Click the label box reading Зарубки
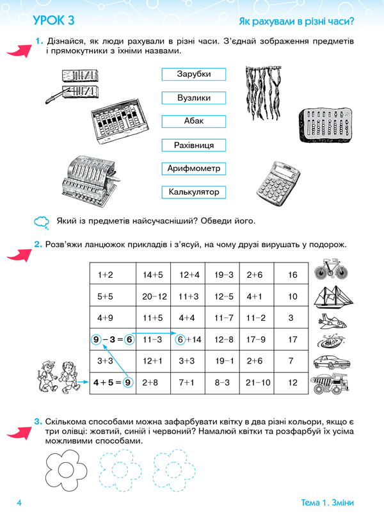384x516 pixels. coord(193,74)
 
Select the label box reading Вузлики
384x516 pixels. coord(193,98)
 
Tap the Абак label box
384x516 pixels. coord(193,121)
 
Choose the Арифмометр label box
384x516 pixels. coord(193,168)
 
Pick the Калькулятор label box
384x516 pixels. coord(193,192)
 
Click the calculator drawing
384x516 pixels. coord(278,180)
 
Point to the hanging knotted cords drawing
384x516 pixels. coord(263,93)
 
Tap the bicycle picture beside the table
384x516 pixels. coord(331,269)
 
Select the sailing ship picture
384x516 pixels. coord(333,297)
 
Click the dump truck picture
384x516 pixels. coord(330,383)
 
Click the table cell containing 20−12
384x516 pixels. coord(154,296)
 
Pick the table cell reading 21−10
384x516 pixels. coord(257,383)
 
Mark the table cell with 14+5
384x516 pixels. coord(154,274)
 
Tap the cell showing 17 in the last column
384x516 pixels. coord(291,339)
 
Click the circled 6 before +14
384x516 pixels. coord(180,339)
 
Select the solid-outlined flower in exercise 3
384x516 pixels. coord(66,469)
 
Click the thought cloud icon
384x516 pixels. coord(42,222)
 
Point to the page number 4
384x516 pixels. coord(19,503)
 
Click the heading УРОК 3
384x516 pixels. coord(54,20)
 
